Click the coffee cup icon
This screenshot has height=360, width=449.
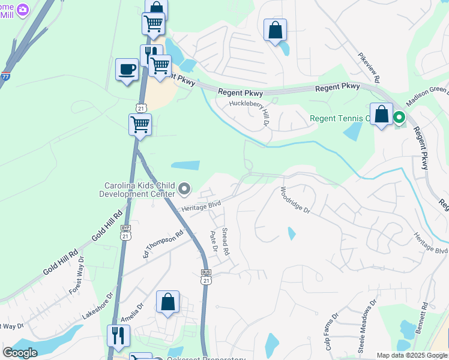[x=127, y=70]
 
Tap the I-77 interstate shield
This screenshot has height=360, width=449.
[x=5, y=76]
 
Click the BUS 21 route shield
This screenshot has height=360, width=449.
[x=206, y=277]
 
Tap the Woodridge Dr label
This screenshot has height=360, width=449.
[x=294, y=201]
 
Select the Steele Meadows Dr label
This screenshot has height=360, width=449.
[x=367, y=326]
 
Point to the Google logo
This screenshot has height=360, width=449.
[x=20, y=353]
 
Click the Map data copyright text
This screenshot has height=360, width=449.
[x=412, y=355]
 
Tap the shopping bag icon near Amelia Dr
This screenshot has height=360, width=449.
[x=168, y=302]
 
